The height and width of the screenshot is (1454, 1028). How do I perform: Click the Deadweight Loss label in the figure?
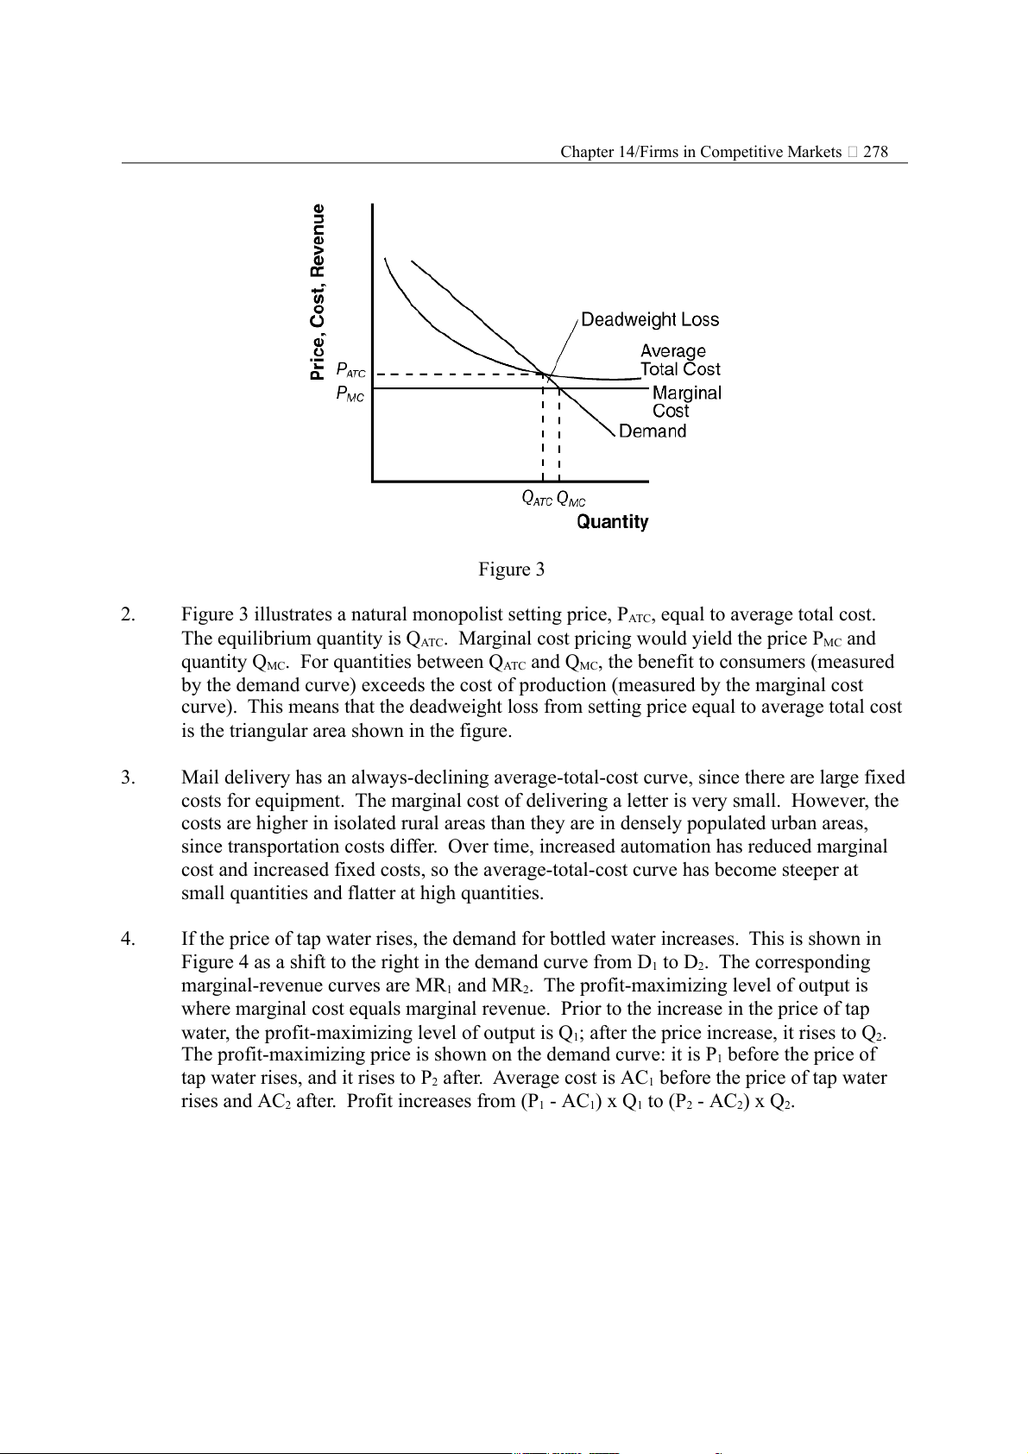(x=649, y=320)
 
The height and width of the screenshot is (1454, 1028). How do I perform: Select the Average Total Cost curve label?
(x=679, y=361)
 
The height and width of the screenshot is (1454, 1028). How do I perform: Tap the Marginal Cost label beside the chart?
(x=686, y=402)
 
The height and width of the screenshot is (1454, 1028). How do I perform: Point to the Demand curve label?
(x=653, y=431)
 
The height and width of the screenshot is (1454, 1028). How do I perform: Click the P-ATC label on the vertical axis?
(x=350, y=370)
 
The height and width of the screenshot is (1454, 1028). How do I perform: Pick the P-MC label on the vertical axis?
(x=350, y=394)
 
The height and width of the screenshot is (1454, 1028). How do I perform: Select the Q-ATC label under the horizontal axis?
(x=536, y=499)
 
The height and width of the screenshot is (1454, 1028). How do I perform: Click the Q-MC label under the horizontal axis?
(x=571, y=499)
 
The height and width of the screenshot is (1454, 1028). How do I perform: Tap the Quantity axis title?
(x=612, y=522)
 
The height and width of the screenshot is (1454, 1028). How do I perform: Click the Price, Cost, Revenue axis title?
(x=318, y=292)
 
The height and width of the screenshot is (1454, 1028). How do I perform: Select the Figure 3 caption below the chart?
(x=512, y=570)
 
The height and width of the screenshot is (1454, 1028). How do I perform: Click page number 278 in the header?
(x=875, y=152)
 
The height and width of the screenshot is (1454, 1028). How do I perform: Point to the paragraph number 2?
(x=128, y=615)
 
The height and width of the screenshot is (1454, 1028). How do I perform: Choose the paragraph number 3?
(x=128, y=778)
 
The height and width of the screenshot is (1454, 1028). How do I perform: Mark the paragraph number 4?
(x=128, y=940)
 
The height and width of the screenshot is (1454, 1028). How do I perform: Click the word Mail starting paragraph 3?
(x=198, y=778)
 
